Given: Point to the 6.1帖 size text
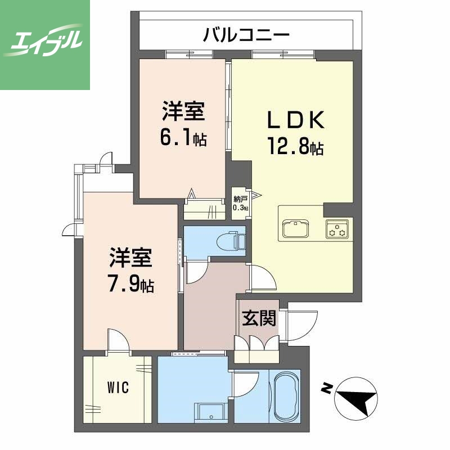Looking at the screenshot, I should (183, 138).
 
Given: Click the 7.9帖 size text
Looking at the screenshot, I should (130, 285).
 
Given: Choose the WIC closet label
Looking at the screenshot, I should (118, 388).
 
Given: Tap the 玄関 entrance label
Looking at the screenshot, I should (259, 319).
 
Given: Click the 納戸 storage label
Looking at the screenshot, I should (240, 199).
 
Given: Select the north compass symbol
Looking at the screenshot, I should (355, 397).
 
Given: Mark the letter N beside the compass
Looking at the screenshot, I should (326, 388).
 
